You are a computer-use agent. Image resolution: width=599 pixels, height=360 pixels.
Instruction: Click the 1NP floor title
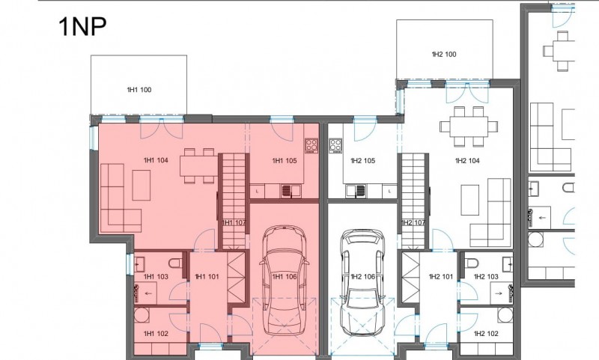point(82,27)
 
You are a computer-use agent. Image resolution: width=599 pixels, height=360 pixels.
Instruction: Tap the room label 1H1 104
point(156,160)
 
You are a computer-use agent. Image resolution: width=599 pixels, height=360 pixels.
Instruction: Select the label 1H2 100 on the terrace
point(444,54)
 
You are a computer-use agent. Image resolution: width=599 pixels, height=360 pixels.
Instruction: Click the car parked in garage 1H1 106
point(285,281)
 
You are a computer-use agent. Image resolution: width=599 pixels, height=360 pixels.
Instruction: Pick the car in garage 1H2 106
point(362,282)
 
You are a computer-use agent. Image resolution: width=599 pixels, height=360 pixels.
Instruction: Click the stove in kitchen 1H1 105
point(311,145)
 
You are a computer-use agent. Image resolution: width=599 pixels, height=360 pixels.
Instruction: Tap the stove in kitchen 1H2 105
point(335,146)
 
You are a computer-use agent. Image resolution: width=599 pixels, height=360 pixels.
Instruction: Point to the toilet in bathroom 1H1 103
point(175,263)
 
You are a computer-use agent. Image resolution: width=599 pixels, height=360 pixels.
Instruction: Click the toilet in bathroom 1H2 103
point(472,263)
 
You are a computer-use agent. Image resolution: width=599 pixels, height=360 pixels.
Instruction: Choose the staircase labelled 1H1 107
point(234,201)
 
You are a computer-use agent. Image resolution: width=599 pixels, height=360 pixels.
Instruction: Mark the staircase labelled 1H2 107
point(413,201)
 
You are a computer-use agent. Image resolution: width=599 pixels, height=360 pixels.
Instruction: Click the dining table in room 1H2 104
point(469,126)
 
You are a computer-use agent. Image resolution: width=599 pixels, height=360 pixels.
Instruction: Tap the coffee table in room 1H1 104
point(142,185)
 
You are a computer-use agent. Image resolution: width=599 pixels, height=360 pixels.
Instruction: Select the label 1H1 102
point(156,334)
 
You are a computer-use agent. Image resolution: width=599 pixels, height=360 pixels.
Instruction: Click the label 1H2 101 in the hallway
point(441,276)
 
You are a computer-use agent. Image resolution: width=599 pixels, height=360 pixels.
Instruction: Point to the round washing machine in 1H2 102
point(505,314)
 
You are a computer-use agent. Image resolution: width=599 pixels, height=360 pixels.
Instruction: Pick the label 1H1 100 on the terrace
point(139,90)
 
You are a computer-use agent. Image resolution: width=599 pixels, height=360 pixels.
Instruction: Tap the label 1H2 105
point(363,161)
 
